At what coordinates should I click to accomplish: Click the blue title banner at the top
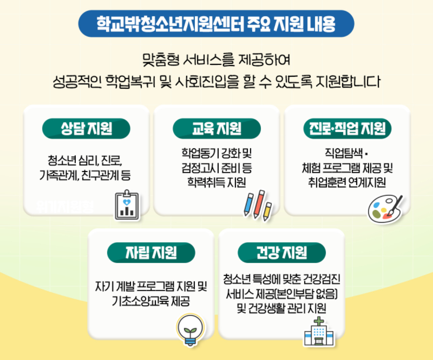(216, 24)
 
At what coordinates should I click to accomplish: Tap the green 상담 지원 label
(86, 128)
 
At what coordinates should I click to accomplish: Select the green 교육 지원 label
(216, 128)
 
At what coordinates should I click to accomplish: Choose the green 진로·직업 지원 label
(347, 128)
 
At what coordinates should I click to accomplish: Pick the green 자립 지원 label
(151, 252)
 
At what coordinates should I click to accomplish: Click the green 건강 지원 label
(282, 252)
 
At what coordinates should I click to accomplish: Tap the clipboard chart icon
(127, 205)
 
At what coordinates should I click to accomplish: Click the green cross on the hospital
(319, 321)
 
